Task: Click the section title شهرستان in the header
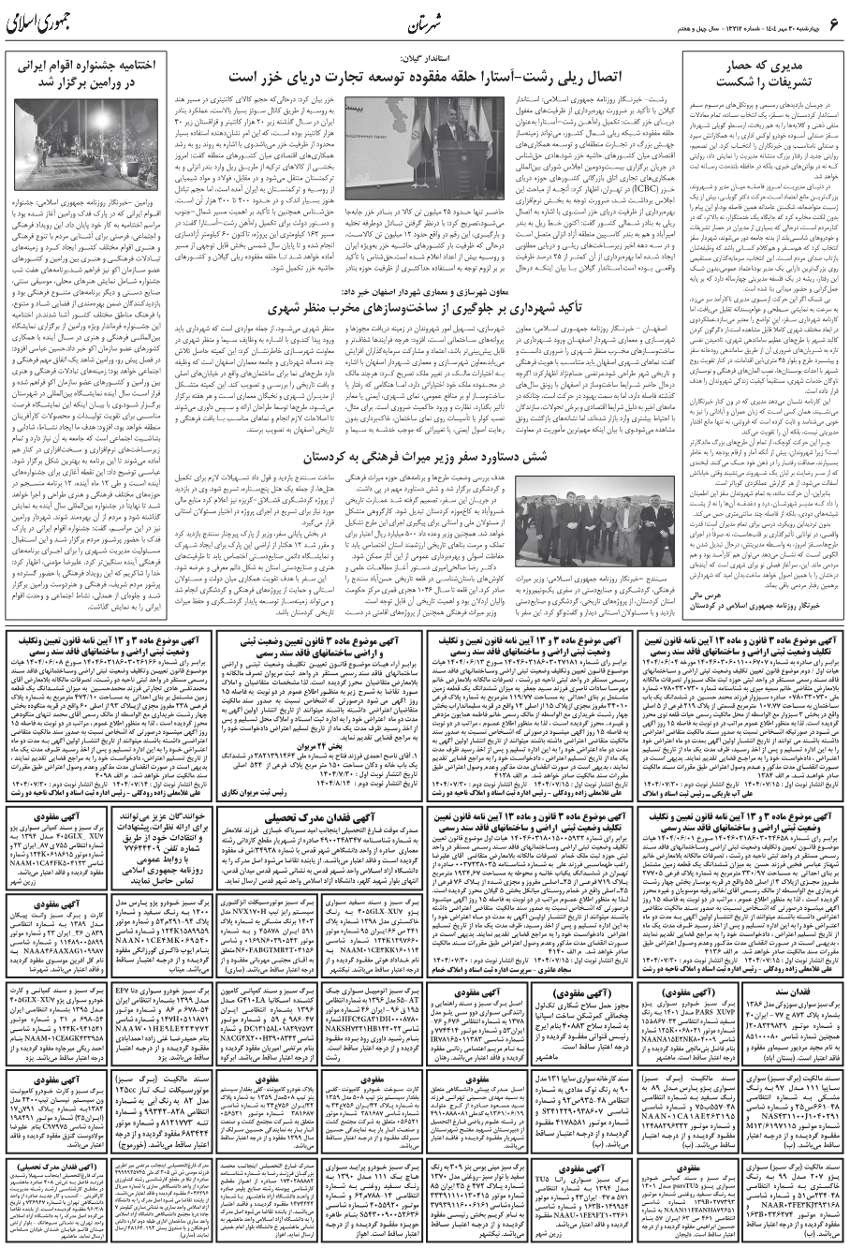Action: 426,22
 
